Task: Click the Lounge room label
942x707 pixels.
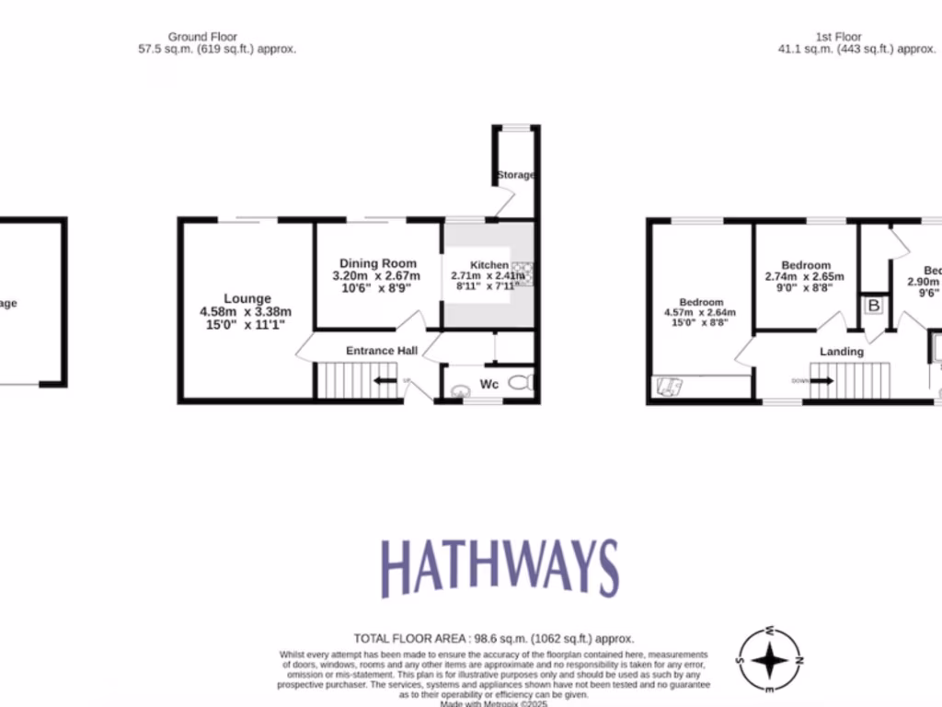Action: coord(247,298)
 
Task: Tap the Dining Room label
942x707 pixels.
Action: coord(377,263)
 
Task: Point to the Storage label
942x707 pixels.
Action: coord(515,175)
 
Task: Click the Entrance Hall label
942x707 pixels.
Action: coord(382,351)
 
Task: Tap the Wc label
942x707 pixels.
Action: coord(488,384)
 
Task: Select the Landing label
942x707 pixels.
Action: coord(842,352)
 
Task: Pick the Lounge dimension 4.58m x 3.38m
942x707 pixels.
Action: coord(246,311)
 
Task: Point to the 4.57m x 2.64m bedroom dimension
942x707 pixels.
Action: coord(701,313)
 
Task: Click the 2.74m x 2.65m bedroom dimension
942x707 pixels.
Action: coord(804,276)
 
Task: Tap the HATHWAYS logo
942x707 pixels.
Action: coord(500,567)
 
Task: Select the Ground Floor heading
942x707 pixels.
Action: coord(202,37)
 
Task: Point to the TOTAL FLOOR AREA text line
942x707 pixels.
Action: coord(494,638)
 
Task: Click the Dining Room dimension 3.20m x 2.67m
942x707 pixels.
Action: coord(376,276)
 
